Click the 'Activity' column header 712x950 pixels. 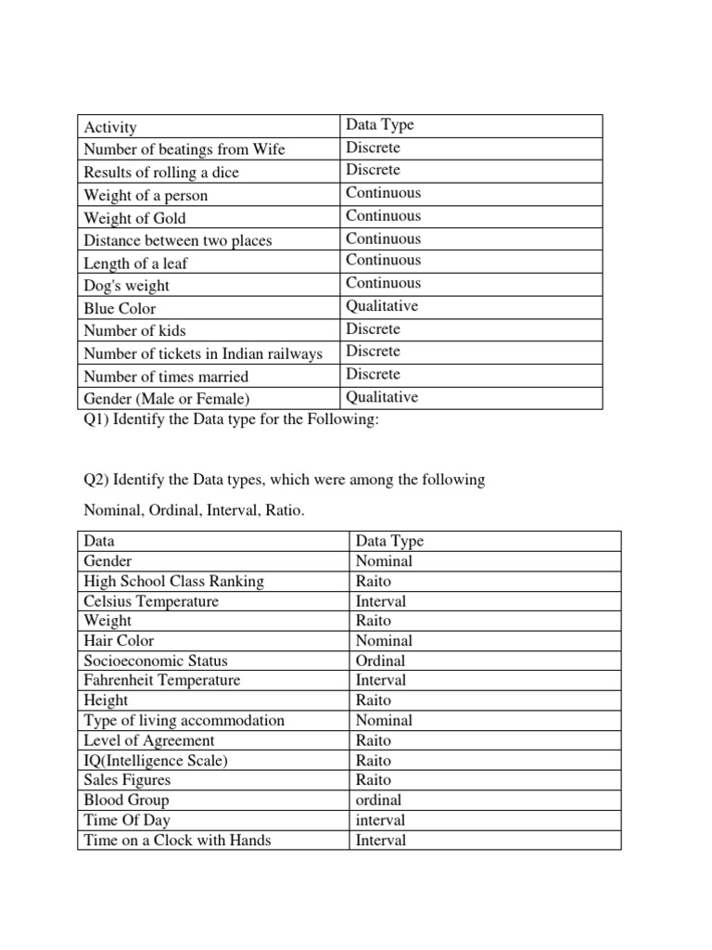pyautogui.click(x=110, y=127)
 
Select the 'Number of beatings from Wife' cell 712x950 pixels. pyautogui.click(x=184, y=149)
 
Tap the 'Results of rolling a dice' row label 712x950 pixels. pyautogui.click(x=161, y=173)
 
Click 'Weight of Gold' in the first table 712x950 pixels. pyautogui.click(x=134, y=218)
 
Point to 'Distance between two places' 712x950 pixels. pyautogui.click(x=178, y=240)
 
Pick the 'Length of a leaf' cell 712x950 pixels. pyautogui.click(x=135, y=263)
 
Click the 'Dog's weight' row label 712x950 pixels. pyautogui.click(x=127, y=286)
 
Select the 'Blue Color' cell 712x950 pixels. pyautogui.click(x=120, y=308)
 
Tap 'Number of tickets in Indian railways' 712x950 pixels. pyautogui.click(x=203, y=353)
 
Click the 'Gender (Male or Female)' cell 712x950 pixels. pyautogui.click(x=167, y=399)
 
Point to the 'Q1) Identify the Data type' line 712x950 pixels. pyautogui.click(x=232, y=420)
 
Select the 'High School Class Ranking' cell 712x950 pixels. pyautogui.click(x=173, y=581)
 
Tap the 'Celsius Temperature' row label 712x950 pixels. pyautogui.click(x=151, y=601)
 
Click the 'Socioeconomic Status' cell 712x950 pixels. pyautogui.click(x=155, y=661)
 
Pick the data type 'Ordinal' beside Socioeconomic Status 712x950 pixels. pyautogui.click(x=380, y=661)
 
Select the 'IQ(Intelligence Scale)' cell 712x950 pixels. pyautogui.click(x=155, y=760)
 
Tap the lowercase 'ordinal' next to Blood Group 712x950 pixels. pyautogui.click(x=379, y=800)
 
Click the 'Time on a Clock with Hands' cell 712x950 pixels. pyautogui.click(x=177, y=841)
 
